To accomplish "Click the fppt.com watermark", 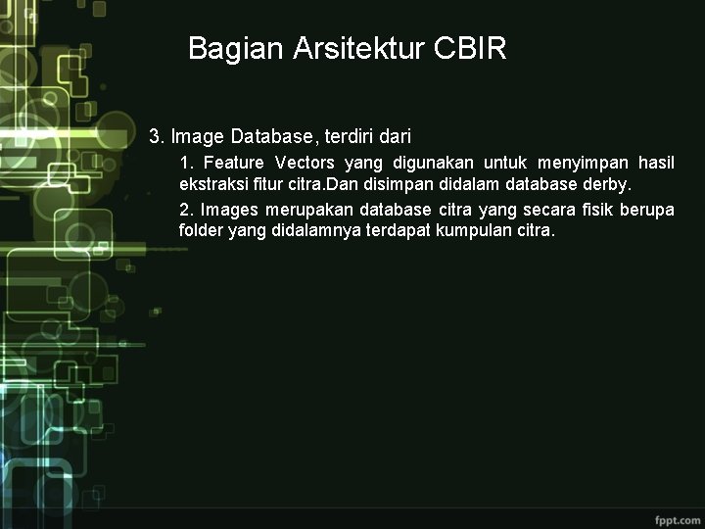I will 677,515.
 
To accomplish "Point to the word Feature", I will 234,163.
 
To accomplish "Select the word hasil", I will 656,163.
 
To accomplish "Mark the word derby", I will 608,184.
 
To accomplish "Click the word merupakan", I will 313,210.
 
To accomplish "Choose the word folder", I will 201,231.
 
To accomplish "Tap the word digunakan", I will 433,163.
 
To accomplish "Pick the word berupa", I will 647,210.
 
